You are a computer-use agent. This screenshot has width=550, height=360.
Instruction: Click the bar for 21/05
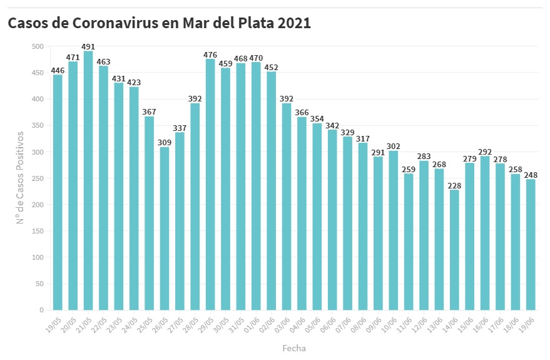88,180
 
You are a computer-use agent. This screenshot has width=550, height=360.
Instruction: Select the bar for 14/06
454,250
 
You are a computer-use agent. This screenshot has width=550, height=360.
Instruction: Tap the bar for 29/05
210,185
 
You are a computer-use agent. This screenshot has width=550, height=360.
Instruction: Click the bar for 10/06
393,230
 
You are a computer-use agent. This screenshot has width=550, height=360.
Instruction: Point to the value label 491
88,46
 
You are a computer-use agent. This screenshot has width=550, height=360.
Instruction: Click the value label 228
454,185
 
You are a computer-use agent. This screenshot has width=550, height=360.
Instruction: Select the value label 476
210,54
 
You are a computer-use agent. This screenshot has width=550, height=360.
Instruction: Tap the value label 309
165,143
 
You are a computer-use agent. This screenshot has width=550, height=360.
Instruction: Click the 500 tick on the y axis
38,46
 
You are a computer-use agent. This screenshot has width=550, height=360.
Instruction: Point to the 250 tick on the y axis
38,178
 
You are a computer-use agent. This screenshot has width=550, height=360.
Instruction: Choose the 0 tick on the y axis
41,310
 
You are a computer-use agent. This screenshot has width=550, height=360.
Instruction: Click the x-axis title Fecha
294,347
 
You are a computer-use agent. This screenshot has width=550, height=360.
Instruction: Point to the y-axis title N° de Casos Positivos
20,178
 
